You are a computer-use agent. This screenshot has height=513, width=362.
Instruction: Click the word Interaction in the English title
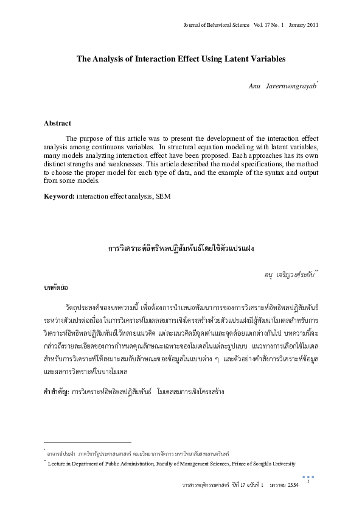pos(162,59)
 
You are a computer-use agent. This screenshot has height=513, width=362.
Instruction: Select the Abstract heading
pos(57,123)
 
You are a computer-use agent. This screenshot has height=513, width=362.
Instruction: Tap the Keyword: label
pos(59,196)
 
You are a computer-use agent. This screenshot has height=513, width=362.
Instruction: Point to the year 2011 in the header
pos(310,25)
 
